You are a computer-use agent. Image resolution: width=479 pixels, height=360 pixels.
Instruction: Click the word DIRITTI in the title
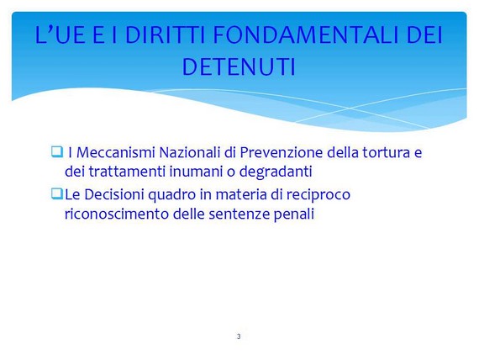pos(165,34)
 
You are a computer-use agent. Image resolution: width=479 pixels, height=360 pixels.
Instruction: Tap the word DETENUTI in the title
pos(239,66)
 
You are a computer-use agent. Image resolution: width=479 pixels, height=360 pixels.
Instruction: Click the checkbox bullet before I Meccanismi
pos(57,151)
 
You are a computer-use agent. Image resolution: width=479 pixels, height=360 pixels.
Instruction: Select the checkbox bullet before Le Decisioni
pos(57,194)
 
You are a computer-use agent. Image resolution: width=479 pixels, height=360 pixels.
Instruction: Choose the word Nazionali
pos(190,152)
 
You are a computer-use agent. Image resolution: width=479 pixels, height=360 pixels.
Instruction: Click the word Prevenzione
pos(281,152)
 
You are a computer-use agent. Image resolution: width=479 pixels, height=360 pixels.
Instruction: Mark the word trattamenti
pos(127,172)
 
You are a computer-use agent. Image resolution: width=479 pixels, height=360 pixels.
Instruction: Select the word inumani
pos(196,172)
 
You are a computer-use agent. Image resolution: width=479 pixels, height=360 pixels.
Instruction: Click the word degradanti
pos(276,172)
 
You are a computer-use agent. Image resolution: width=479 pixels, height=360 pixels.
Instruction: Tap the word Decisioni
pos(114,194)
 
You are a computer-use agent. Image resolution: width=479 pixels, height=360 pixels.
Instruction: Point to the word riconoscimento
pos(117,214)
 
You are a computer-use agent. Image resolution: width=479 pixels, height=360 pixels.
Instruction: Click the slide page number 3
pos(239,336)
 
